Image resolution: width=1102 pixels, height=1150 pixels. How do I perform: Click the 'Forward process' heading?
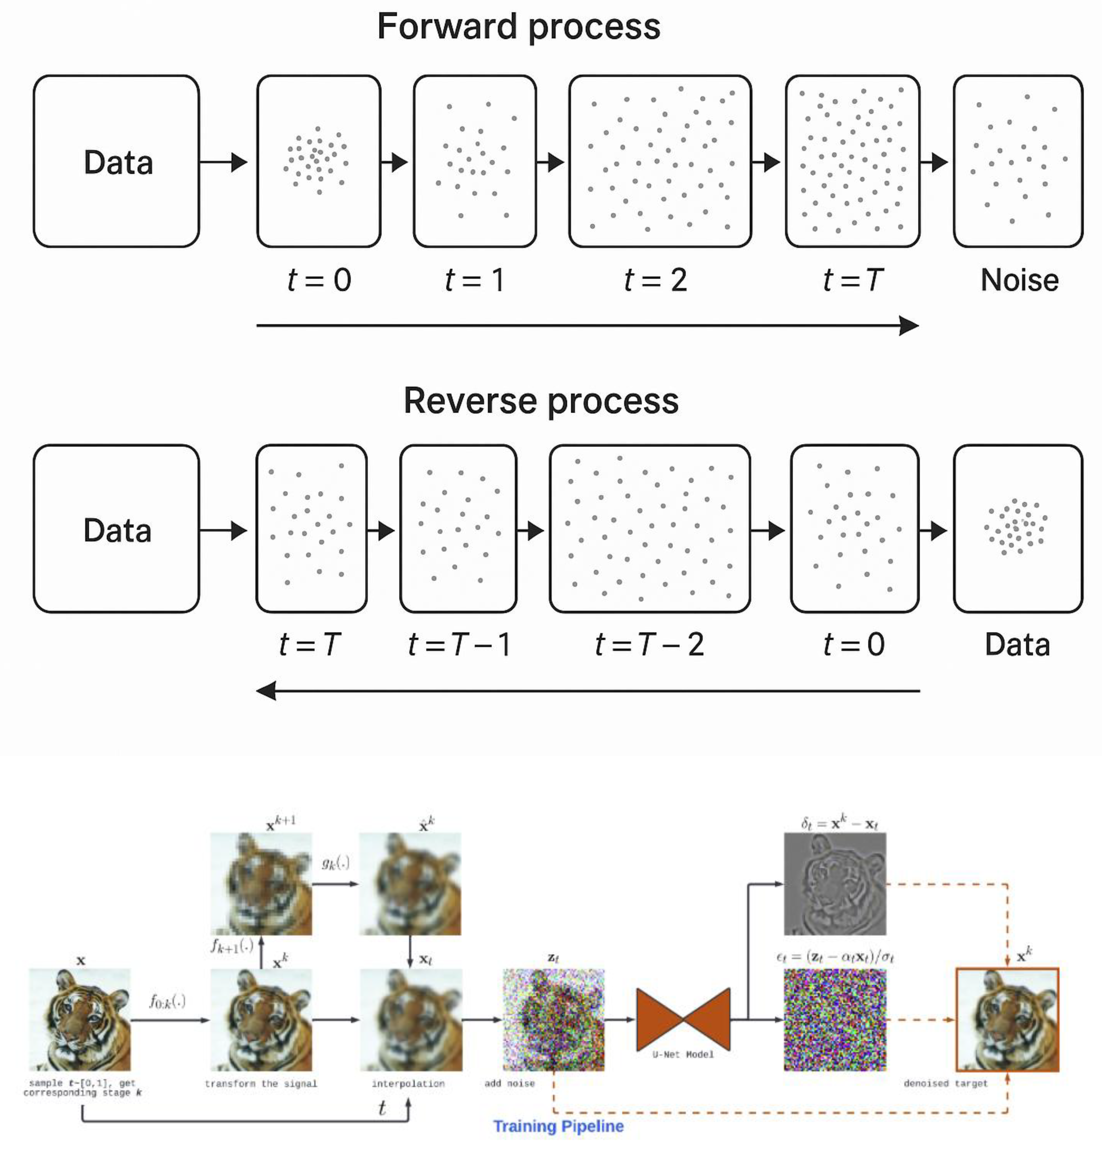coord(519,27)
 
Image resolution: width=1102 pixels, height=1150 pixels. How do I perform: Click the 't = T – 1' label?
coord(459,644)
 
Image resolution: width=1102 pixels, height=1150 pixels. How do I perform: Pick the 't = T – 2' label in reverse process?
coord(649,644)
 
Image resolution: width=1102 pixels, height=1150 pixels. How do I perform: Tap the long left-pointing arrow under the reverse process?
coord(587,691)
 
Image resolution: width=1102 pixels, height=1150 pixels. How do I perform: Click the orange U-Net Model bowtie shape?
coord(683,1019)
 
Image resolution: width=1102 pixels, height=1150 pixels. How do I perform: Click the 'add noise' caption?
coord(509,1083)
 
